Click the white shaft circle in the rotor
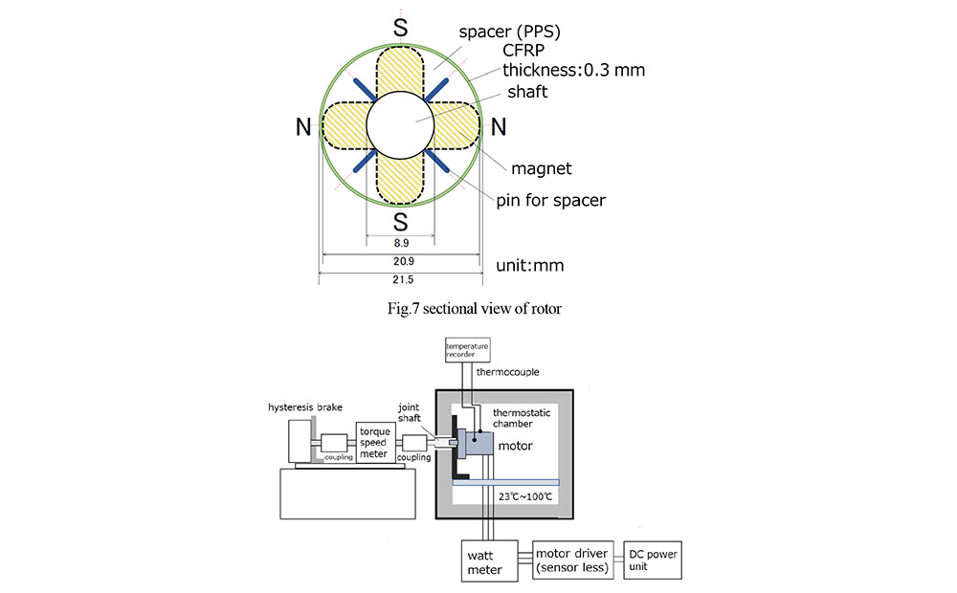click(400, 125)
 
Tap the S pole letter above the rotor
click(400, 28)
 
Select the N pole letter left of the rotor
click(303, 127)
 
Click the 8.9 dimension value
click(401, 243)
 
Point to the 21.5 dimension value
click(403, 279)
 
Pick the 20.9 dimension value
click(404, 261)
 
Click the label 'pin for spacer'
click(550, 200)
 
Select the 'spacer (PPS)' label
click(510, 32)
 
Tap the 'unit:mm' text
click(530, 265)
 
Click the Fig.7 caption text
click(475, 309)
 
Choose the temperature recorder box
click(468, 350)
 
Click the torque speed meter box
click(375, 442)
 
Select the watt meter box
click(489, 560)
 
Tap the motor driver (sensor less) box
click(572, 560)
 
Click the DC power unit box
click(653, 560)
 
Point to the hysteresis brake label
click(305, 406)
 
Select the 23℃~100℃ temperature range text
click(524, 496)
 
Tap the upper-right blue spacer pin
click(437, 89)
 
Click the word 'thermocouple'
click(508, 371)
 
